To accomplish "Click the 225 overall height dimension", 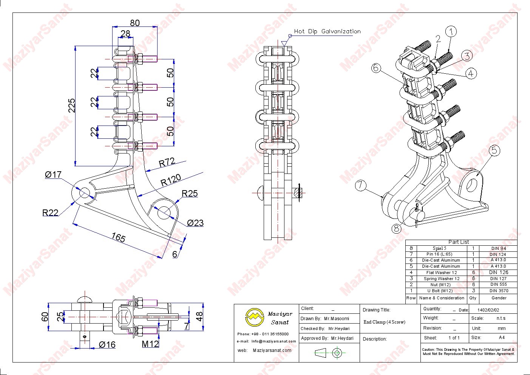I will point(72,105).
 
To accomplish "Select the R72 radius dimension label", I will point(167,162).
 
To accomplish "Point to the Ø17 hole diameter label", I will point(53,175).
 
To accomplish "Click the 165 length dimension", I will point(118,237).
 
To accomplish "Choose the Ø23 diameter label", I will point(195,223).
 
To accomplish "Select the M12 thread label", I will point(150,344).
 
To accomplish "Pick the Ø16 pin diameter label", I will point(107,344).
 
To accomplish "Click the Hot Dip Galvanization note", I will point(327,31).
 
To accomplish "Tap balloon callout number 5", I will point(494,150).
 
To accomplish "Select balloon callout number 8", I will point(396,228).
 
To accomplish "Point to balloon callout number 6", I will point(375,68).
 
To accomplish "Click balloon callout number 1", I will point(451,32).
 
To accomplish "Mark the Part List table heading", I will point(459,242).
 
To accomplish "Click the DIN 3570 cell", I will point(499,291).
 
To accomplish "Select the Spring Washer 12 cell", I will point(441,279).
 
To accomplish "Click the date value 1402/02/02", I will point(488,310).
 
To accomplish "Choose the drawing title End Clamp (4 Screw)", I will point(384,322).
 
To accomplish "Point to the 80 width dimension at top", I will point(134,23).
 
